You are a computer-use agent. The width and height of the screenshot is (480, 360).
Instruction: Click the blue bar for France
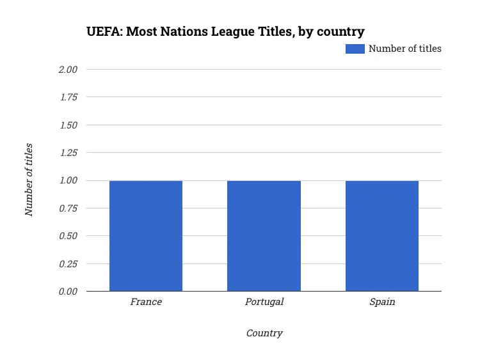tap(146, 236)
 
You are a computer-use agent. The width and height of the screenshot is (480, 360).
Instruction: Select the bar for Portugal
tap(264, 236)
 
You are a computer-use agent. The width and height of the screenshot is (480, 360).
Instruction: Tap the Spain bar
tap(382, 236)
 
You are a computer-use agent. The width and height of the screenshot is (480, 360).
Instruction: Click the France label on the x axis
tap(146, 302)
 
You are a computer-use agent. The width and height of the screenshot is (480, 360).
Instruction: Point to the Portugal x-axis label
tap(264, 302)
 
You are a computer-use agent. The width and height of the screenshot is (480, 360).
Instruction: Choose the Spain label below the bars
tap(382, 302)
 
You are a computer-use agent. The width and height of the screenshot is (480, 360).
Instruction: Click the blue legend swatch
tap(355, 49)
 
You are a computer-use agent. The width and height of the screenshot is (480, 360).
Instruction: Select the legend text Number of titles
tap(404, 49)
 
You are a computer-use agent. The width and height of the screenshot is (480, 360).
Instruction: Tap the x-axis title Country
tap(264, 333)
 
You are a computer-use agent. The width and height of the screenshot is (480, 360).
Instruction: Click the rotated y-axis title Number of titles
tap(29, 180)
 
